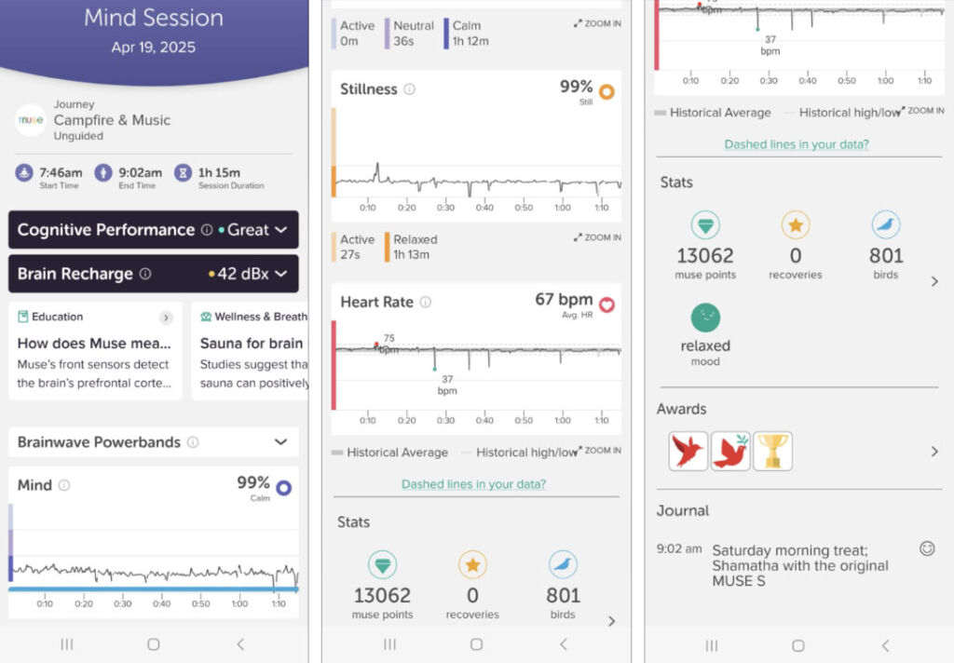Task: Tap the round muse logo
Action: click(31, 121)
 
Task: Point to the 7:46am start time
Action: click(60, 172)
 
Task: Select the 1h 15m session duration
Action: click(219, 172)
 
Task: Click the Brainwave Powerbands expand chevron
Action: click(280, 442)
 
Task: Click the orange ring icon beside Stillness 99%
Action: click(606, 92)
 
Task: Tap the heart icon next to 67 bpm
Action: click(606, 304)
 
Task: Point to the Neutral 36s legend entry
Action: click(414, 34)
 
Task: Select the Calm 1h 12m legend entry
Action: click(470, 34)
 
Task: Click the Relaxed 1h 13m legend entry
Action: click(415, 247)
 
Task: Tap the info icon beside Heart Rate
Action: click(425, 302)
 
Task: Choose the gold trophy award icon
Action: click(772, 451)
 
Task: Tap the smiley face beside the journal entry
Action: click(927, 548)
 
